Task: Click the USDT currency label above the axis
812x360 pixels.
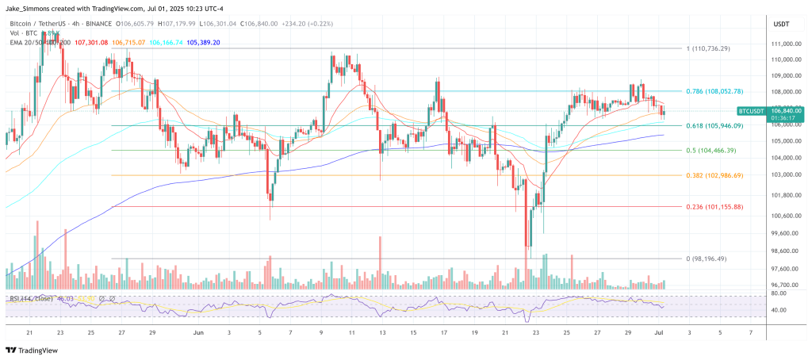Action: [x=781, y=25]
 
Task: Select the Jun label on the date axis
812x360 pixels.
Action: [x=198, y=334]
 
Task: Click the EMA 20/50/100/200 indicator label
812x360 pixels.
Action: [x=40, y=42]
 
